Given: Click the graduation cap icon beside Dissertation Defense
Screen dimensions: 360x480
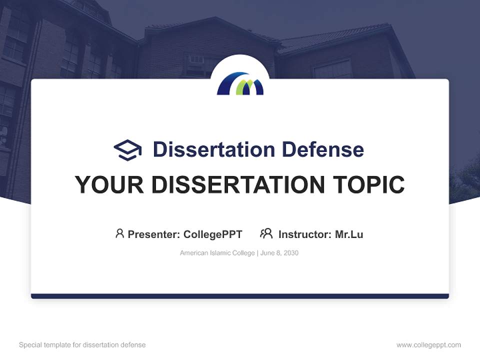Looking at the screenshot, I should pos(127,150).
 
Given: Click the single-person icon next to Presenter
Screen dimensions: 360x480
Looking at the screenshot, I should pos(119,233).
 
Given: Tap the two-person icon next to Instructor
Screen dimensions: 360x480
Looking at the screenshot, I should pos(266,233).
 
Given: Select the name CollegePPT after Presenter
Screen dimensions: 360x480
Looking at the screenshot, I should pos(213,234).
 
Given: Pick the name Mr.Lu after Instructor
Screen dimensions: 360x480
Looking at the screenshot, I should pos(349,234).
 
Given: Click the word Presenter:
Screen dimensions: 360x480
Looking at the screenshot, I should pos(154,234).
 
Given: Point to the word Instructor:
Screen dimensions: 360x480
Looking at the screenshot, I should pos(305,234).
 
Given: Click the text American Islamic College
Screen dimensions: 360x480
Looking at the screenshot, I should pos(217,253).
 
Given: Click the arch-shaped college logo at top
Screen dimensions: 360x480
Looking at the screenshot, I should pos(240,83).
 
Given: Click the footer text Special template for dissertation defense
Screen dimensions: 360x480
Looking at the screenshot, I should pos(82,345).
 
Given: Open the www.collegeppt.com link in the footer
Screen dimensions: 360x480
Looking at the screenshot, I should pos(428,345).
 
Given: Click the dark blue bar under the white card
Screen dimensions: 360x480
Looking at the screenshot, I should pos(240,296).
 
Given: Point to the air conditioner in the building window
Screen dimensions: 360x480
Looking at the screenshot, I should pos(197,59).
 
